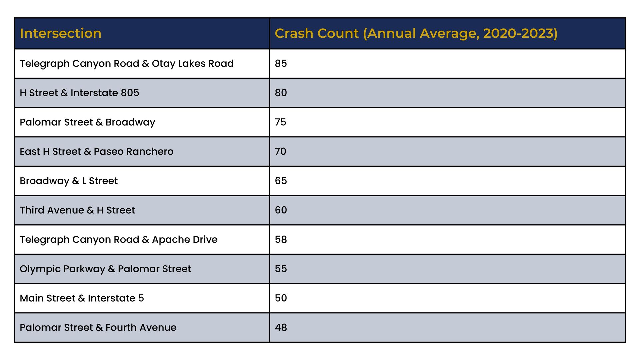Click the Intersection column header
coord(60,33)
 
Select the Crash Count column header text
coord(416,33)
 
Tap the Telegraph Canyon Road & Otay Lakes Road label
coord(127,64)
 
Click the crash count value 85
coord(281,63)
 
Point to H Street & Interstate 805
coord(79,93)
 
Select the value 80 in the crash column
coord(281,93)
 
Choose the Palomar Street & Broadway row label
coord(87,122)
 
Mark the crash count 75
coord(280,122)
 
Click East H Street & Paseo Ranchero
coord(97,151)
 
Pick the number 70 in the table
coord(280,151)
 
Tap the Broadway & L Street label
coord(69,181)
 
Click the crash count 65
coord(281,181)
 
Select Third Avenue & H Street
coord(77,210)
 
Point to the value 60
coord(281,210)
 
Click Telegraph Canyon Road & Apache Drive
coord(119,240)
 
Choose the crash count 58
coord(281,239)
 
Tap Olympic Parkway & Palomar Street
coord(105,269)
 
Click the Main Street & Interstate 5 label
coord(82,298)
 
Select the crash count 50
coord(281,298)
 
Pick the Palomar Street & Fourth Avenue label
coord(98,327)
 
